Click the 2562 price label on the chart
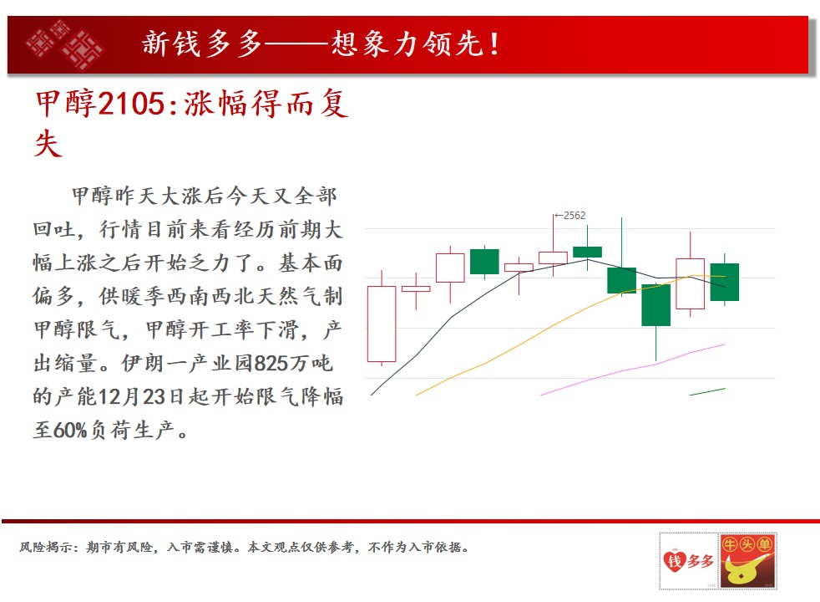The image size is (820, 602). point(575,215)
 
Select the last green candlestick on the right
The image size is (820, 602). point(724,282)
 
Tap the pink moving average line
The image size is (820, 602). point(633,369)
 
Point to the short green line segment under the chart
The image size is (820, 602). point(707,391)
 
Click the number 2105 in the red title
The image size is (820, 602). point(131,103)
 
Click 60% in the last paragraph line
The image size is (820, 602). point(69,431)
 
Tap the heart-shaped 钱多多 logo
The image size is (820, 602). point(688,561)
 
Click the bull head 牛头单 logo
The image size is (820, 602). point(747,561)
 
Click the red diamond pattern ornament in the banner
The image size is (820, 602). point(65,44)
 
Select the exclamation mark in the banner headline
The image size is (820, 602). point(494,44)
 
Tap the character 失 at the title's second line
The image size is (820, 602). point(48,144)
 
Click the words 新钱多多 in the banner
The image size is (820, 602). point(202,43)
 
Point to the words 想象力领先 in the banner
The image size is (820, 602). point(407,43)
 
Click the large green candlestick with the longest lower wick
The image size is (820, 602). point(655,305)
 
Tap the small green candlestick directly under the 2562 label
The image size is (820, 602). point(587,252)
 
